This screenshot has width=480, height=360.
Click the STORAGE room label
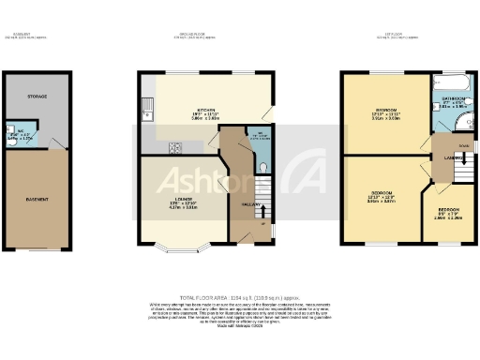pyautogui.click(x=36, y=97)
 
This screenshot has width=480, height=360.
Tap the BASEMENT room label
pyautogui.click(x=37, y=199)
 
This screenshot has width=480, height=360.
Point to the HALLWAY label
pyautogui.click(x=250, y=204)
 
